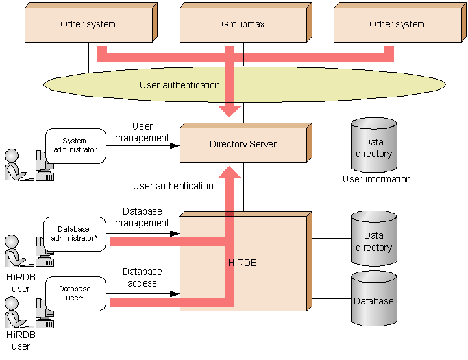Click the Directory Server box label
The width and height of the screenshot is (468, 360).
click(243, 144)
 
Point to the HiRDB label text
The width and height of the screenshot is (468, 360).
click(243, 263)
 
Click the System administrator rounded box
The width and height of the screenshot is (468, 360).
click(75, 146)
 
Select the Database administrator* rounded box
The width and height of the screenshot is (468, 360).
click(75, 234)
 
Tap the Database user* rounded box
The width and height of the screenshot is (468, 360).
click(75, 293)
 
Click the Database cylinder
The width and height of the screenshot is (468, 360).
click(374, 298)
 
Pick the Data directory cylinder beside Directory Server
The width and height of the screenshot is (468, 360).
click(374, 145)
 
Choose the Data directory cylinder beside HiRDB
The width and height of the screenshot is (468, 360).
click(374, 239)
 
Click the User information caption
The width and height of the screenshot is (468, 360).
click(377, 179)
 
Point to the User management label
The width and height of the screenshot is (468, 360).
click(142, 132)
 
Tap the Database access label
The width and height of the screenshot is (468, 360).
click(143, 277)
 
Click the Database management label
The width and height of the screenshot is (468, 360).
click(142, 217)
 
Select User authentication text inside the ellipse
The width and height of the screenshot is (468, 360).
click(180, 85)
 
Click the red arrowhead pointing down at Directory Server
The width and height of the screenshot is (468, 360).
click(230, 111)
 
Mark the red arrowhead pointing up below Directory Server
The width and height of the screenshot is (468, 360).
click(230, 172)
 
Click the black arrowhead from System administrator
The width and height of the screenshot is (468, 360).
click(175, 146)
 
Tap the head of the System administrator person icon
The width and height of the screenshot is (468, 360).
click(12, 156)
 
